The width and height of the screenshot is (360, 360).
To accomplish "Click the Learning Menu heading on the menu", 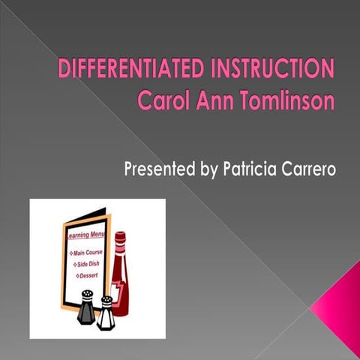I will click(x=83, y=238).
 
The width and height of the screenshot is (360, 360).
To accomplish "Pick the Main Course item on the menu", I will click(x=88, y=252).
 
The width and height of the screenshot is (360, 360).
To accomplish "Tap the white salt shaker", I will click(x=106, y=313).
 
